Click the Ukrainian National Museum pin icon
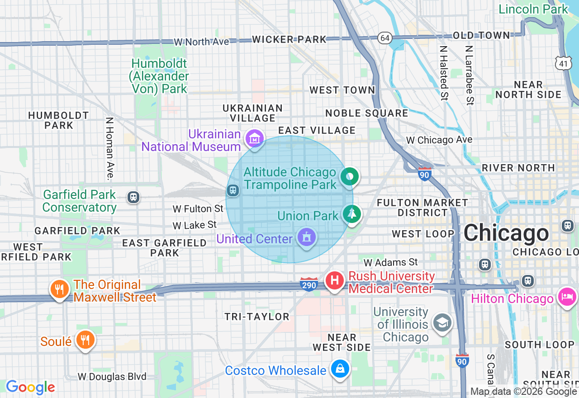[254, 139]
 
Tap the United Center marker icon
[307, 237]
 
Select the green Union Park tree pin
[351, 213]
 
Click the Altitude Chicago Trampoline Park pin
[349, 176]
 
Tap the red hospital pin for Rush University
[335, 280]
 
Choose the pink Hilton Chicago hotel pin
[567, 297]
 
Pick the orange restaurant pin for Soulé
[85, 339]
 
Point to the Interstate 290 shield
[308, 284]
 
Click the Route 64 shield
[385, 38]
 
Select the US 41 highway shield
[563, 64]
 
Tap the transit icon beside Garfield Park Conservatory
[133, 197]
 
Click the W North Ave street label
[201, 42]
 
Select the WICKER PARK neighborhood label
[289, 39]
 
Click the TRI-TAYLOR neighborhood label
[256, 317]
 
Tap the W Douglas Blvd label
[112, 377]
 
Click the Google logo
[30, 387]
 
